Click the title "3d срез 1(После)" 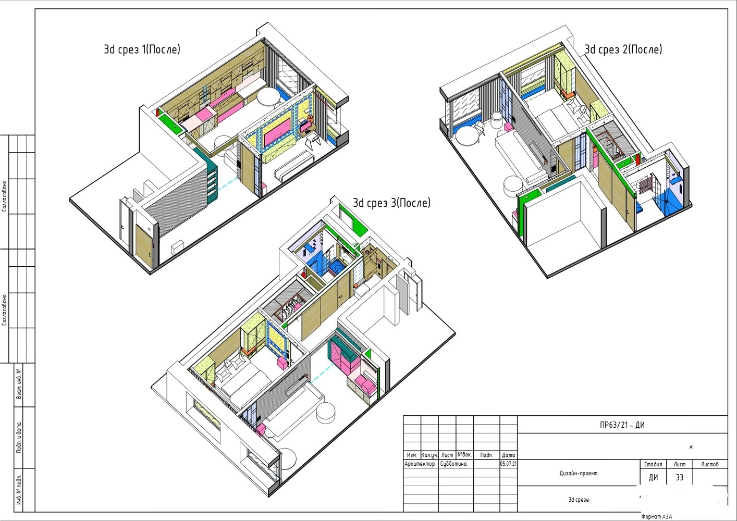142,49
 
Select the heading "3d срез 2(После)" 623,49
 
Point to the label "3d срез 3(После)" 391,203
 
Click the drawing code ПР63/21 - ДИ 622,425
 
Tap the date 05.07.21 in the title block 508,464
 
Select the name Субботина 453,464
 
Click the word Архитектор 420,464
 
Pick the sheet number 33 680,477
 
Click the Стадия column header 653,464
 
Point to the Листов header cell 710,464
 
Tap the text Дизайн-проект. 579,473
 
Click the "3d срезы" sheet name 579,499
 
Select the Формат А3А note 657,516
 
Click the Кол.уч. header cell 429,455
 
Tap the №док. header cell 464,455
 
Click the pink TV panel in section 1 277,132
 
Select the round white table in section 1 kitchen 268,96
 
